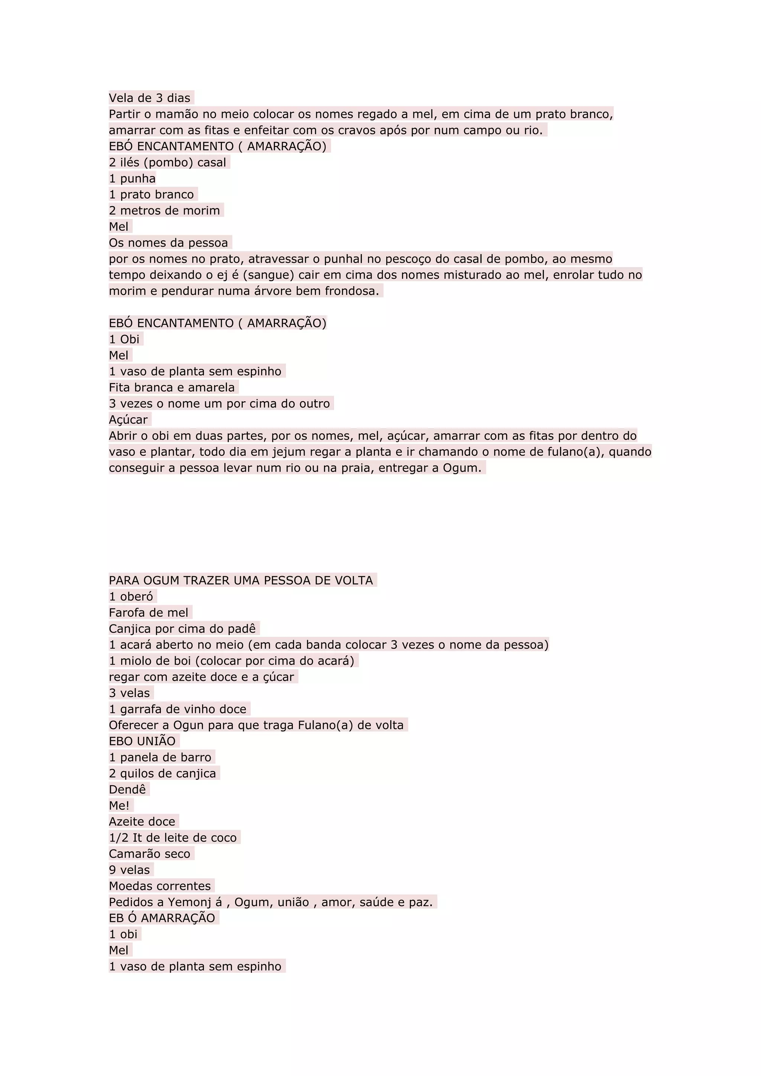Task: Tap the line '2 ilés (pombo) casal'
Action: (167, 163)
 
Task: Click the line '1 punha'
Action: (132, 179)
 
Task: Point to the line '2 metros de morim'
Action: (164, 210)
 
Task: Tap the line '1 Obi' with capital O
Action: (124, 339)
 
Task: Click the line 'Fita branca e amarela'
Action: (172, 388)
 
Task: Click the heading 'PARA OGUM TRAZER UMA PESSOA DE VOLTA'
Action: (241, 580)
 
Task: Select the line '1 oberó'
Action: (131, 597)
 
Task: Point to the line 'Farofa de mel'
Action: (149, 613)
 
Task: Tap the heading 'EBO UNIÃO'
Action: (142, 741)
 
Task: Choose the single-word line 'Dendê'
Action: (127, 789)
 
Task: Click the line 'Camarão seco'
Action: (149, 853)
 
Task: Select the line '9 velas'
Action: (129, 870)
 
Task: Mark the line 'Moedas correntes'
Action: (160, 886)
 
